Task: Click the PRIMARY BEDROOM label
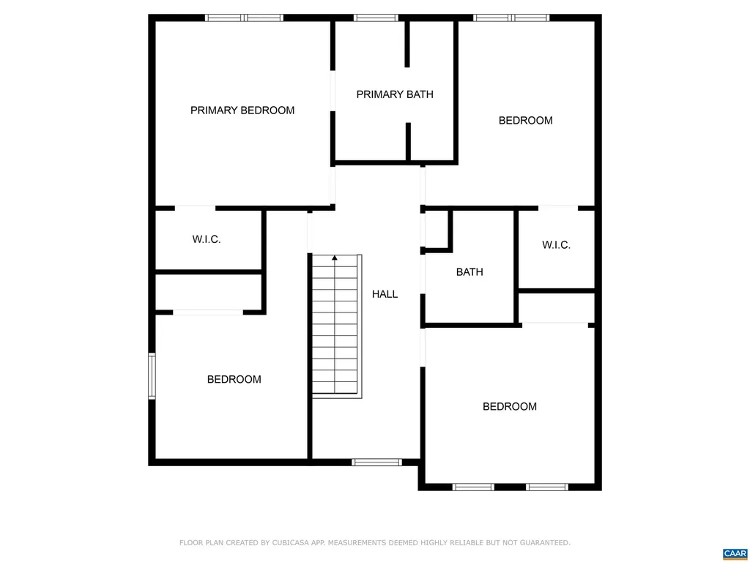(242, 110)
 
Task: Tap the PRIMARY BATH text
(395, 94)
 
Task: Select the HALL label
(385, 294)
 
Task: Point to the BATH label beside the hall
(469, 272)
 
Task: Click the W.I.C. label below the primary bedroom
(207, 239)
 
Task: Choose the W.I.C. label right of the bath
(556, 245)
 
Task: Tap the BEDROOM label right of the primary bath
(525, 121)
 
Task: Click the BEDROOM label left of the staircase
(234, 380)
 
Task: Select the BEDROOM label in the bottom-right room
(509, 407)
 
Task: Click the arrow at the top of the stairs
(335, 258)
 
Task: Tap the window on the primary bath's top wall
(376, 18)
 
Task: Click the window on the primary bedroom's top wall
(244, 18)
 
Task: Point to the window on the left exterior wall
(152, 376)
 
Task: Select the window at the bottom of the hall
(376, 462)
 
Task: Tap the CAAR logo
(734, 553)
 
